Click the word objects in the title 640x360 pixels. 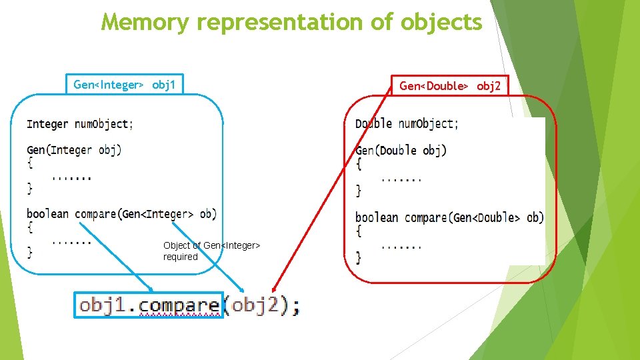click(441, 22)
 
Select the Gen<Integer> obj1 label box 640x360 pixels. click(125, 85)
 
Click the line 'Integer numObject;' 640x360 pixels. click(79, 124)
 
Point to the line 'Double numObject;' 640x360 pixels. click(407, 124)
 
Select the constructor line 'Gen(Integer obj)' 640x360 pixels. click(74, 150)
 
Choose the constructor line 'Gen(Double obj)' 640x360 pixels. click(401, 151)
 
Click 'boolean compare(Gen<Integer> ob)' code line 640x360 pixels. click(121, 214)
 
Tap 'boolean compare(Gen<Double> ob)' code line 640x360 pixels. click(449, 218)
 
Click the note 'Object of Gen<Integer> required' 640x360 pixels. click(211, 251)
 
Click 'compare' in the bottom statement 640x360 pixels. click(179, 305)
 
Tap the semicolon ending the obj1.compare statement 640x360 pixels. click(295, 307)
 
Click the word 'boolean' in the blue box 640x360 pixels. click(47, 214)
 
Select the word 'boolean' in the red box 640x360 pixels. click(377, 218)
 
